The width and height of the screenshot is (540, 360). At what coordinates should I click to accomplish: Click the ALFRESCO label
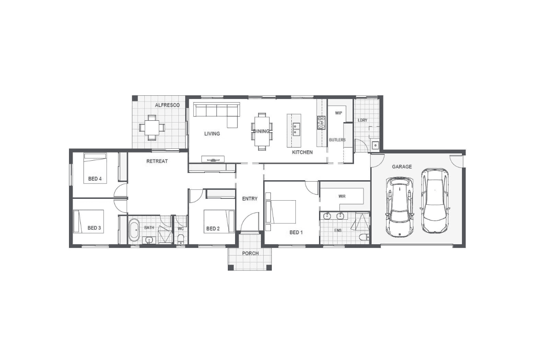pos(167,105)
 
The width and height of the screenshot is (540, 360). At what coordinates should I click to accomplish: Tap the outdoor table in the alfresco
pos(152,128)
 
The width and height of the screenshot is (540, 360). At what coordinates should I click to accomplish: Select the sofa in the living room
pos(216,114)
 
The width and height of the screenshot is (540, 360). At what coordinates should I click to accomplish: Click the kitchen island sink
pos(296,129)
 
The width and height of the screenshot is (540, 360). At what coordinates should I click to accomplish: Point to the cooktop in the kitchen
pos(321,123)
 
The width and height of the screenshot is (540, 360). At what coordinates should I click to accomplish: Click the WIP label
pos(339,113)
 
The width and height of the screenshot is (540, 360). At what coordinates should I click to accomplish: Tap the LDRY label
pos(362,120)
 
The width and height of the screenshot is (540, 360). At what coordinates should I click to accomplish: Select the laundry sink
pos(375,145)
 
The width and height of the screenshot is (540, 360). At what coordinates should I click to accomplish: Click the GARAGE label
pos(402,167)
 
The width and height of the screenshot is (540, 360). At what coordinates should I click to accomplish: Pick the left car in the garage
pos(400,207)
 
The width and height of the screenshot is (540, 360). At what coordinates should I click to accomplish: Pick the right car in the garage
pos(435,200)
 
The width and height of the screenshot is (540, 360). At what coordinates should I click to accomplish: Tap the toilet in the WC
pos(181,239)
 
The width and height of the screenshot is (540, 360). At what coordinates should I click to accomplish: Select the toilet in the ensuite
pos(364,237)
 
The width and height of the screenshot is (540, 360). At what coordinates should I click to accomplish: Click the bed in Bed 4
pos(95,168)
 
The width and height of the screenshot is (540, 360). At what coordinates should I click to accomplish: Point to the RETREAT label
pos(157,161)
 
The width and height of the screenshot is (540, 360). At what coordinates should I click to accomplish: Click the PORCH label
pos(250,253)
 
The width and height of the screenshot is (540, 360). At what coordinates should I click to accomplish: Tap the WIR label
pos(342,197)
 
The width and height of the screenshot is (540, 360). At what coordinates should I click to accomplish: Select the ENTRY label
pos(250,199)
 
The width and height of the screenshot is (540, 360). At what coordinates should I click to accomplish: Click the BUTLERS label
pos(337,140)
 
